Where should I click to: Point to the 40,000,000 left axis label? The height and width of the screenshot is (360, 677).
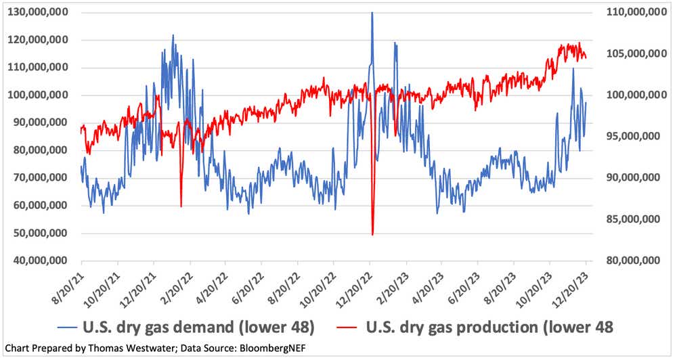(42, 261)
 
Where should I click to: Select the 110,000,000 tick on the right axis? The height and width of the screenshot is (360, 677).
(629, 12)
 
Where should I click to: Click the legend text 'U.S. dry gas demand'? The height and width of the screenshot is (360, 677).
(176, 327)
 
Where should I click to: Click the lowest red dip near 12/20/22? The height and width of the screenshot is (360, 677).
(372, 234)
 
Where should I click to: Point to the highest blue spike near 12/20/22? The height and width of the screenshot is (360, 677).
(372, 13)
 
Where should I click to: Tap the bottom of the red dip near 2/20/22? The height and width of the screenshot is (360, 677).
(181, 206)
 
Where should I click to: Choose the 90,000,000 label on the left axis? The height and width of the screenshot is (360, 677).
(42, 122)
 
